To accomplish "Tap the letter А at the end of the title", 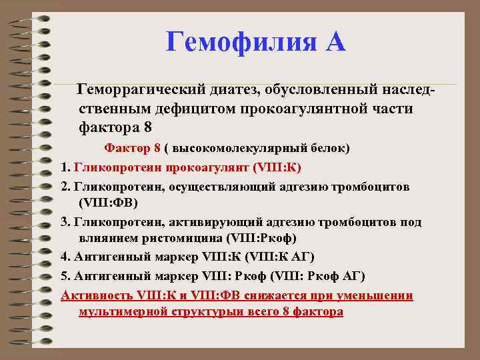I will [335, 43].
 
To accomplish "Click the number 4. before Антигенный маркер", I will [66, 257].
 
